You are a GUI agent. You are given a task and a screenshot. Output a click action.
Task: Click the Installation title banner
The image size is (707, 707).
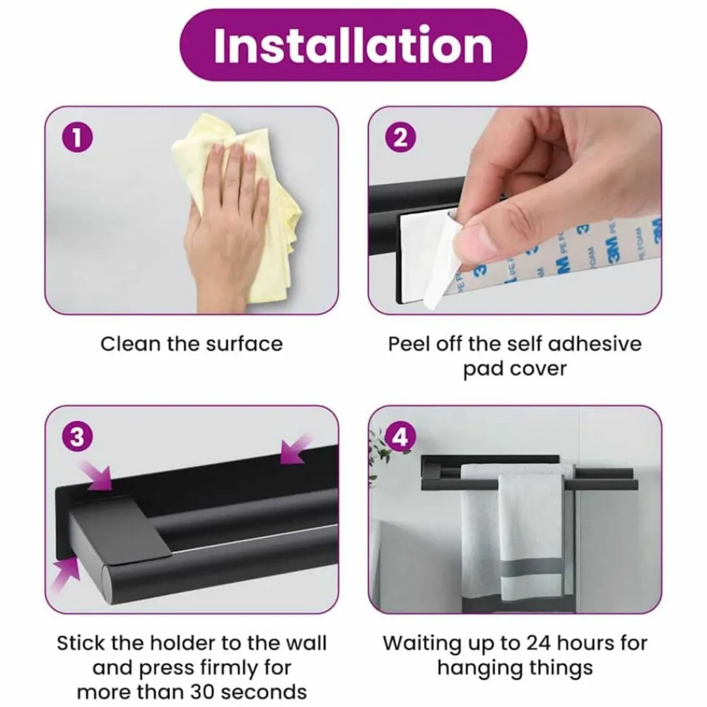point(353,45)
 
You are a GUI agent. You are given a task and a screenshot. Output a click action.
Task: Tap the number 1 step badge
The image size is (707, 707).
point(77,138)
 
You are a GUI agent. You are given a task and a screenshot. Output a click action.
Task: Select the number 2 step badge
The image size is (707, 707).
point(400,138)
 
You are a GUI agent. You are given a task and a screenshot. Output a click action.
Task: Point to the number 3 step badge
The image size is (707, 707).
point(77,437)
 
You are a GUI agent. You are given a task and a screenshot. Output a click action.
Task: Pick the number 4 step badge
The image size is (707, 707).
point(400,437)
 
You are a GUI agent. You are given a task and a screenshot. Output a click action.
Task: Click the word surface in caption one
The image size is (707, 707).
point(245,344)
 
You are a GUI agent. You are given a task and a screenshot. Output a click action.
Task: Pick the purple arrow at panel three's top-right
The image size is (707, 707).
point(296,449)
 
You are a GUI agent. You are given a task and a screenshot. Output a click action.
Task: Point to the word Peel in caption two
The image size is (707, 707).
point(407,344)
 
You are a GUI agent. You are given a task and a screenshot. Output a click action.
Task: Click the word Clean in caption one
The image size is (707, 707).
point(131,344)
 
